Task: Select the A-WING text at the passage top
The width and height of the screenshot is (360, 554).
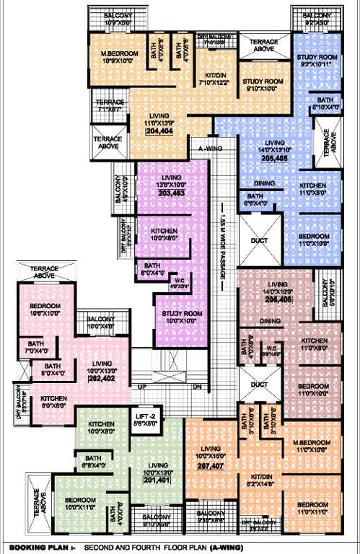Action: [x=209, y=149]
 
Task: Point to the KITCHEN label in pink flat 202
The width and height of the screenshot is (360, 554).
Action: [x=55, y=398]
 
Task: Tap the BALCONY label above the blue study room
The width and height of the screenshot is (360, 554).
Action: [x=317, y=14]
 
